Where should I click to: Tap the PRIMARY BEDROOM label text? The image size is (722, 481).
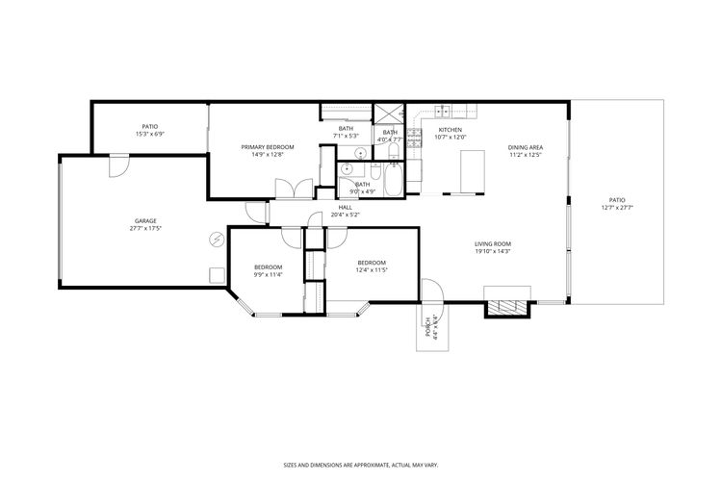click(x=267, y=147)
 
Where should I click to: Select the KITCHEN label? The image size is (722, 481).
click(x=451, y=130)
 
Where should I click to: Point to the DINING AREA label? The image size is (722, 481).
click(x=526, y=147)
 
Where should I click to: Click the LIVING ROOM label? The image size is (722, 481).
click(x=492, y=244)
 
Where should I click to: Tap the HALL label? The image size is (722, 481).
click(x=345, y=208)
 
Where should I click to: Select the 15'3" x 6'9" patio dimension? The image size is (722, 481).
click(x=149, y=134)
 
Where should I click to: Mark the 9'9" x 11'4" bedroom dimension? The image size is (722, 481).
click(x=268, y=274)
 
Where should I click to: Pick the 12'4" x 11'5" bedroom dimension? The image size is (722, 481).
click(x=371, y=270)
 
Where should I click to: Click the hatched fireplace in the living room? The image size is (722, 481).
click(x=506, y=308)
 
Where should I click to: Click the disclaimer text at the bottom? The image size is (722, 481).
click(x=360, y=463)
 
